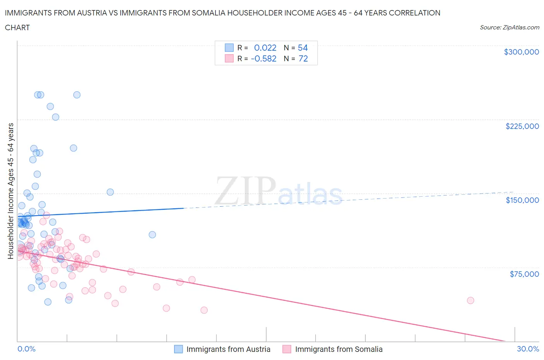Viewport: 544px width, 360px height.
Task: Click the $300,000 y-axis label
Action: click(521, 52)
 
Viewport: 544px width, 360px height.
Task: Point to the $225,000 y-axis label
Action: click(522, 126)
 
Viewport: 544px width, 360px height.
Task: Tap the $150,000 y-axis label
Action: click(522, 200)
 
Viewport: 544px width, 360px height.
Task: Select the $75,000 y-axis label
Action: click(524, 274)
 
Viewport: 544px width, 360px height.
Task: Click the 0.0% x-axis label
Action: click(26, 349)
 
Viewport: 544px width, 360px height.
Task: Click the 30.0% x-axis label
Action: click(528, 349)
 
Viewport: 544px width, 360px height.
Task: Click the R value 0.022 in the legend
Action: click(265, 48)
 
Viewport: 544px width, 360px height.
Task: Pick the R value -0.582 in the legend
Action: click(263, 58)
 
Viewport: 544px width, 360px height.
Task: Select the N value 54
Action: click(303, 48)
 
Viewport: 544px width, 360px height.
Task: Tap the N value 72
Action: click(303, 58)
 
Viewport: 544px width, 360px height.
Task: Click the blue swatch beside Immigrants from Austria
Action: click(178, 349)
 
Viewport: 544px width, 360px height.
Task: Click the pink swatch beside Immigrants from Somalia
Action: click(287, 349)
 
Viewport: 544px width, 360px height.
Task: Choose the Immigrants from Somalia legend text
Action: click(339, 349)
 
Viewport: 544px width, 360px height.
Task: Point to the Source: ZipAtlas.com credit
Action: click(509, 27)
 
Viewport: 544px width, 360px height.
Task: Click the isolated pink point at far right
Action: click(470, 300)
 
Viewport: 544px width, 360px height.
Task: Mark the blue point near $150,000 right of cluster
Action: click(110, 192)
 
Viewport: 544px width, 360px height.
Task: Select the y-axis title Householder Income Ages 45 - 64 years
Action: click(11, 191)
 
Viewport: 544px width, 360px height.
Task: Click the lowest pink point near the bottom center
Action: click(204, 310)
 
